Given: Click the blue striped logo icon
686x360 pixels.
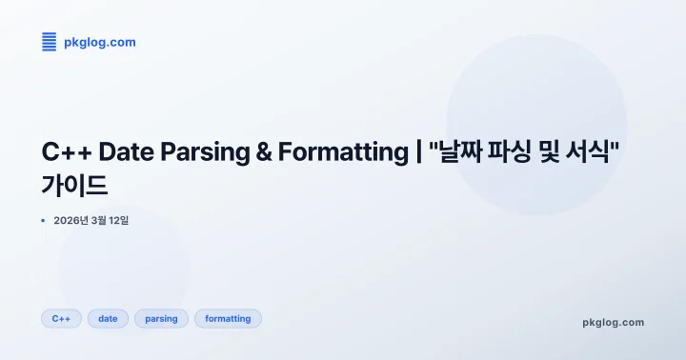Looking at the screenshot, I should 49,42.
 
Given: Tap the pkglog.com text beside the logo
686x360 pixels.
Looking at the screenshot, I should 99,42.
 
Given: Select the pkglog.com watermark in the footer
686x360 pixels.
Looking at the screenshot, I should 613,322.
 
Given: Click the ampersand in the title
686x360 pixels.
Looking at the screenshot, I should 264,152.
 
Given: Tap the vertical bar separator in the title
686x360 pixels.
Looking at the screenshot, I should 418,152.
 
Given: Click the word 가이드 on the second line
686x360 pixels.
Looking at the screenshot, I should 74,185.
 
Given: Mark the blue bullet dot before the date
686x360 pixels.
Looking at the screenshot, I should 43,220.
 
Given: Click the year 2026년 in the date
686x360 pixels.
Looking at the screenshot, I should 71,220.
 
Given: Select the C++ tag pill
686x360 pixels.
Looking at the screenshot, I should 61,319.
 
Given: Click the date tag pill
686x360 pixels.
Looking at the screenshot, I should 108,319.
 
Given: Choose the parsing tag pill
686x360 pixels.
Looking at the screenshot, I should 161,319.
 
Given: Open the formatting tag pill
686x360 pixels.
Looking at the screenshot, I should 228,319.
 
